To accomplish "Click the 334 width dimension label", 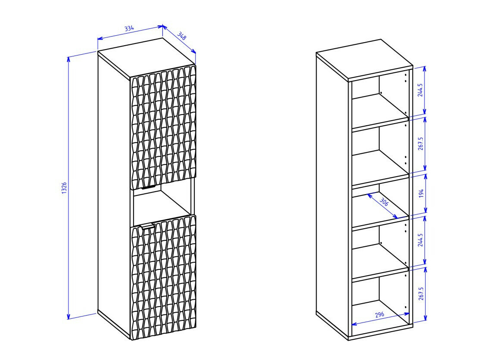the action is click(130, 28).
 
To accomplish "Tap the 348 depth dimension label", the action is click(181, 36).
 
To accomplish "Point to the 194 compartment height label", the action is click(421, 193).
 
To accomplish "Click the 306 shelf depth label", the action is click(383, 202).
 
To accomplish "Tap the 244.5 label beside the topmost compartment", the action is click(420, 90).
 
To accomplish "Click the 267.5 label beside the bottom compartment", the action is click(421, 294).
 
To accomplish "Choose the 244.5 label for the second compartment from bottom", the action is click(420, 240).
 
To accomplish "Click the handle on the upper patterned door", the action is click(149, 187).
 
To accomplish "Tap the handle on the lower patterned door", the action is click(146, 227).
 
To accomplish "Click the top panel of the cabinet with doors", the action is click(146, 58).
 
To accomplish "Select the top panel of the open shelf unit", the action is click(365, 60).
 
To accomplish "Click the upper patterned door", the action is click(163, 127).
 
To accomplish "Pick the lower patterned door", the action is click(163, 277).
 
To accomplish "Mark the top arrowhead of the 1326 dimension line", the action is click(69, 59).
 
